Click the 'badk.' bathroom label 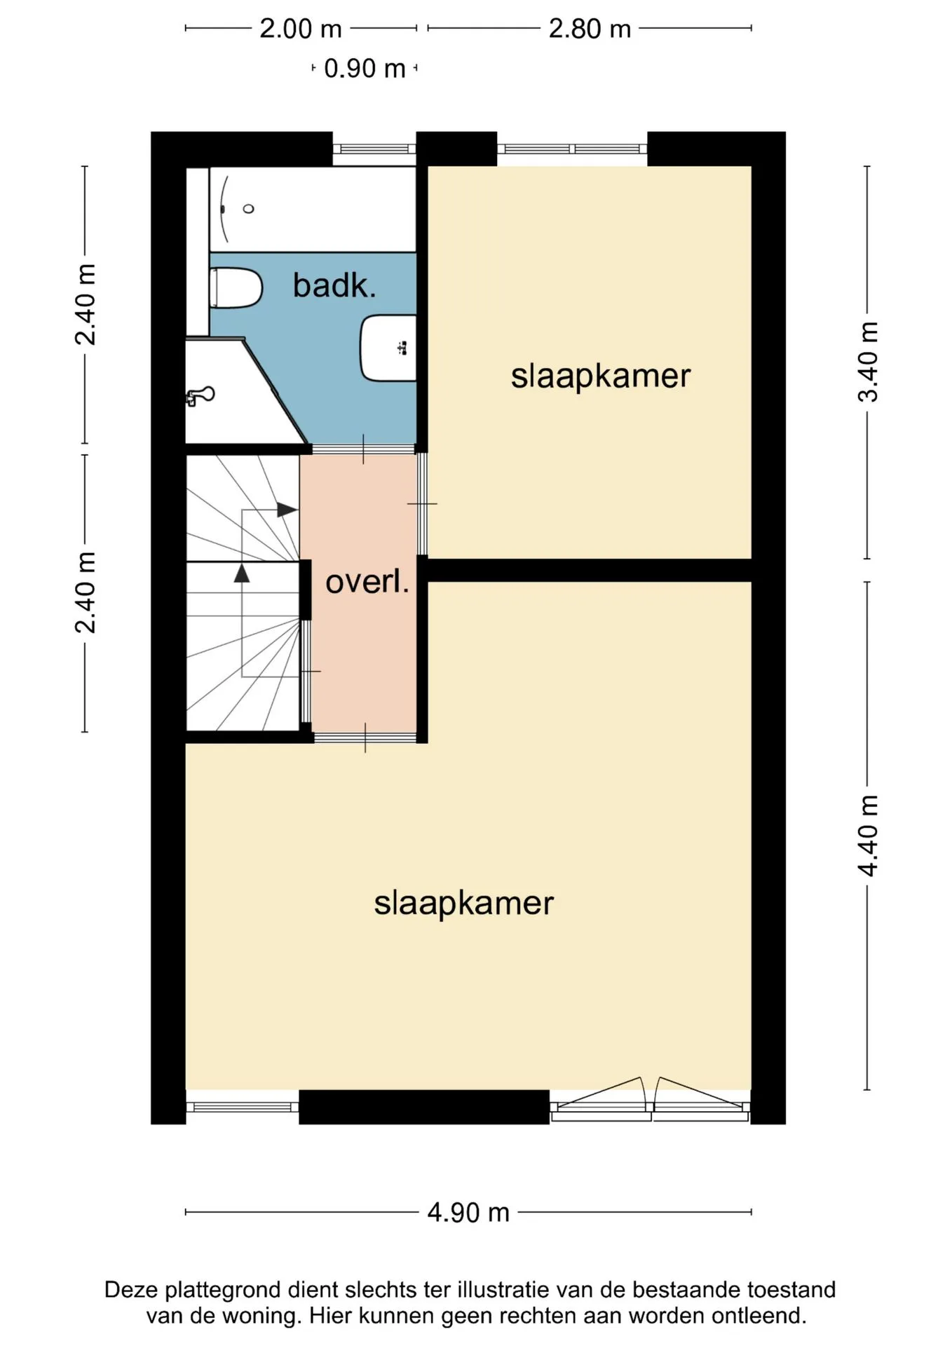coord(334,286)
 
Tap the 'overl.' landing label coord(367,582)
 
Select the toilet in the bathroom coord(236,287)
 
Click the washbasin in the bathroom coord(388,348)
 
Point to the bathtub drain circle coord(248,209)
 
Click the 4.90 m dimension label coord(468,1212)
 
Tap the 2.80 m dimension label coord(590,29)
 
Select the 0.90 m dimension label coord(365,69)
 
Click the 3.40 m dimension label coord(868,362)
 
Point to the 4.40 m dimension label coord(868,836)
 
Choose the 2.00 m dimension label coord(301,29)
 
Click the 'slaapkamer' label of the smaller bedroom coord(601,376)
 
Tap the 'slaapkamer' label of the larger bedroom coord(464,903)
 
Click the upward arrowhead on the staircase coord(242,573)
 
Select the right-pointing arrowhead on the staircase coord(287,510)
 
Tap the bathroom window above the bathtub coord(374,149)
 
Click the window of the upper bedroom coord(572,149)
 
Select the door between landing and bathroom coord(364,449)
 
